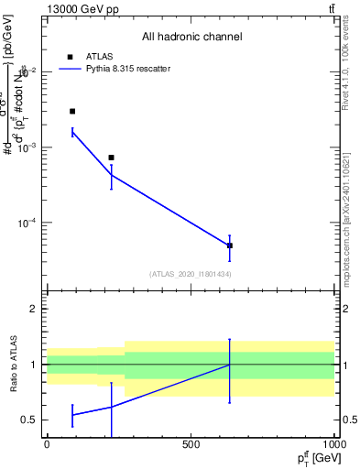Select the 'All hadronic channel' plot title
click(191, 37)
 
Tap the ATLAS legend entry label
click(98, 56)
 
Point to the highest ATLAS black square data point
click(72, 111)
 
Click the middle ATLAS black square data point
click(111, 158)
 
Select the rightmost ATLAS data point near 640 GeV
click(230, 245)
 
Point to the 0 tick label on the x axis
click(47, 445)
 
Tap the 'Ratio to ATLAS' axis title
click(13, 365)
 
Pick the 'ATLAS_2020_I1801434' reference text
click(191, 274)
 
